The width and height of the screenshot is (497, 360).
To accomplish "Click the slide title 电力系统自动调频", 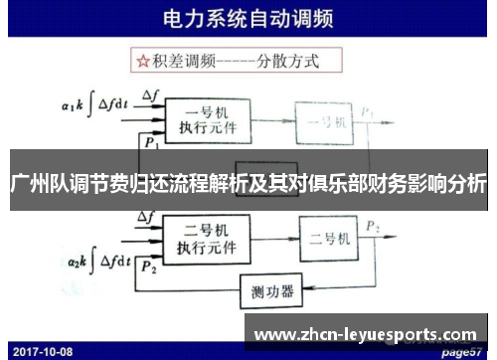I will (x=248, y=19).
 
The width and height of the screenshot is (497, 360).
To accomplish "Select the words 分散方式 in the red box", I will (x=286, y=62).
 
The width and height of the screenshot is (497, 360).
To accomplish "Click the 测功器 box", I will (x=271, y=290).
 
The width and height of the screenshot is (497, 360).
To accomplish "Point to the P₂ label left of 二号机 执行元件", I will (x=149, y=267).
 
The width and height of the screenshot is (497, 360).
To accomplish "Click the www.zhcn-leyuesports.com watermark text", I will (x=374, y=332).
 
